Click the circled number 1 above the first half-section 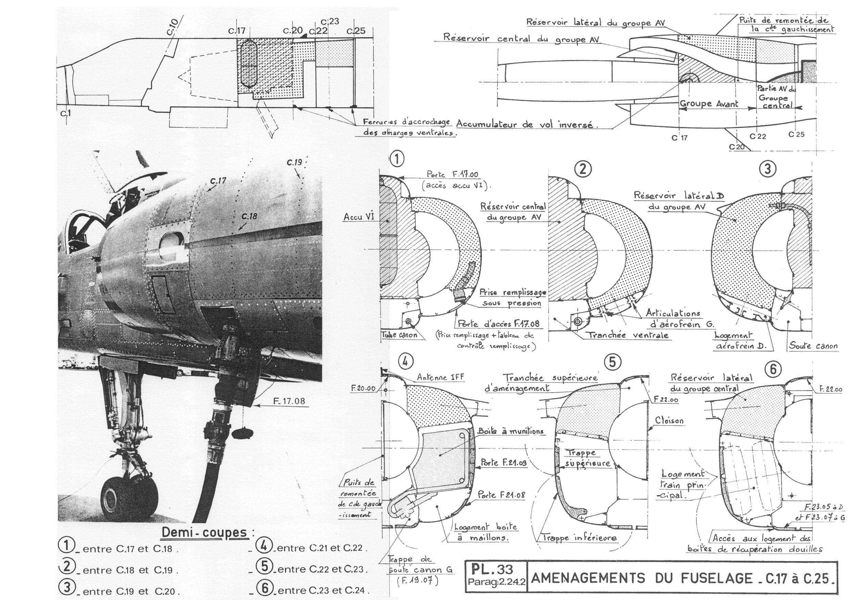point(396,159)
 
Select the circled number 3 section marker point(767,169)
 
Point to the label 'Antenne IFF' point(440,377)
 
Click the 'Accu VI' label point(359,217)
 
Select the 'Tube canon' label point(400,335)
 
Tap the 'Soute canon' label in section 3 point(813,345)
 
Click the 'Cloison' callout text point(669,420)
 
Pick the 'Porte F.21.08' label point(502,495)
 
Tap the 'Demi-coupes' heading point(204,532)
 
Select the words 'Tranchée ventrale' point(628,335)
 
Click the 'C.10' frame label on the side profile point(172,27)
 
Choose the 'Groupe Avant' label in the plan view point(709,104)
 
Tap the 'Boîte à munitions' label point(510,431)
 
